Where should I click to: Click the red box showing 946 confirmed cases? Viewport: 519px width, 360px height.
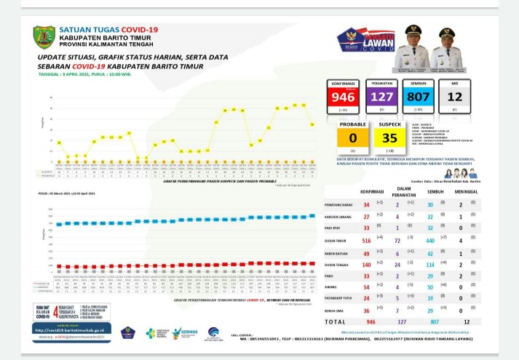(343, 97)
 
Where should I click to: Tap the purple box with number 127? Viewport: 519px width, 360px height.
(381, 97)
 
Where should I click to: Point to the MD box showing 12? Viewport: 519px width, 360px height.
(455, 97)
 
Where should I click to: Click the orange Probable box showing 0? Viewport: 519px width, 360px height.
(353, 136)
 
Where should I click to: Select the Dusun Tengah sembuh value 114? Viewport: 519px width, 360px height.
(430, 265)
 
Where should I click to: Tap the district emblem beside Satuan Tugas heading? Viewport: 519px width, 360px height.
(44, 36)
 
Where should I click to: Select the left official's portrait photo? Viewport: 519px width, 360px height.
(413, 45)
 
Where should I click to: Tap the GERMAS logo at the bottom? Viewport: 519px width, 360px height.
(186, 332)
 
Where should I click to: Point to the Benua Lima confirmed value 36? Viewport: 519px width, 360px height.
(366, 311)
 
